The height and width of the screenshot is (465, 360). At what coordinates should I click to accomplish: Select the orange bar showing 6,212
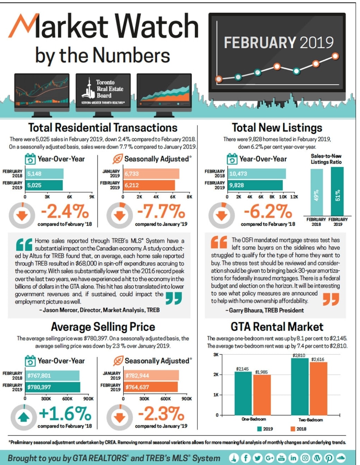(x=149, y=185)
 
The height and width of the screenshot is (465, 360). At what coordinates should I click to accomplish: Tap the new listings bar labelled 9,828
(x=255, y=185)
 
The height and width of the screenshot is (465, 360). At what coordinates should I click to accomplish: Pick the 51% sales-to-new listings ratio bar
(x=337, y=191)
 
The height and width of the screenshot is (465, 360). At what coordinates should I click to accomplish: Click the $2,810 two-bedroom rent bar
(x=299, y=386)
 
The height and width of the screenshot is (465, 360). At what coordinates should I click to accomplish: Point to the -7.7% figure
(x=161, y=211)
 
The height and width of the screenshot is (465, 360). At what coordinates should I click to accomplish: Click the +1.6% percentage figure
(x=65, y=413)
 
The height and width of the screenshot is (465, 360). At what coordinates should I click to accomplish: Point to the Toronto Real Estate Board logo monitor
(x=103, y=91)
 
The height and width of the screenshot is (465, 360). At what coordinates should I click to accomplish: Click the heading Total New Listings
(x=277, y=128)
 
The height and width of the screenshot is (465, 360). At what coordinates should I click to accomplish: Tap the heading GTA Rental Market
(x=277, y=327)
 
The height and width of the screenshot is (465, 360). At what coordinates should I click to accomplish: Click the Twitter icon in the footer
(x=257, y=458)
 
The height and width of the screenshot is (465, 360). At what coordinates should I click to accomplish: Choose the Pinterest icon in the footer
(x=329, y=458)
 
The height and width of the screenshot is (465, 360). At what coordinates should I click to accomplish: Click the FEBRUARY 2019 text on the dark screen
(x=278, y=43)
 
